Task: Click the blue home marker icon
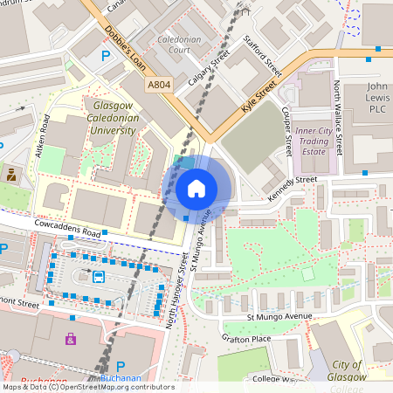point(196,188)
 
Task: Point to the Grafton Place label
point(246,339)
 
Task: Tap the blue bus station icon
point(99,278)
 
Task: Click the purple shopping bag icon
point(71,338)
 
